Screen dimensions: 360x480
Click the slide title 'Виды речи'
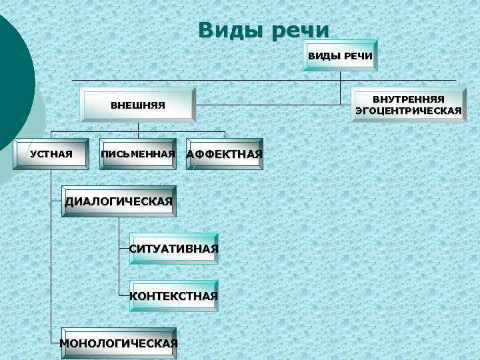point(263,30)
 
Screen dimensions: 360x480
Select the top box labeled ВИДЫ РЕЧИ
point(340,55)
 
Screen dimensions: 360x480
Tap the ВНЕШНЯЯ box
point(137,105)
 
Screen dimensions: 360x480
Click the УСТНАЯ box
point(51,155)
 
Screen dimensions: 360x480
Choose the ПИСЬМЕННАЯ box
point(138,155)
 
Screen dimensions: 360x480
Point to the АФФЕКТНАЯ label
point(225,155)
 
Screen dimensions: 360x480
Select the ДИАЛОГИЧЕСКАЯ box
point(119,201)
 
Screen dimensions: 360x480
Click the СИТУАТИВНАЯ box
point(174,249)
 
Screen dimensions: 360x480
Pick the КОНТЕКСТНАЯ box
point(174,296)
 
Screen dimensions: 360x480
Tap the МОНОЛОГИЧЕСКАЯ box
point(119,343)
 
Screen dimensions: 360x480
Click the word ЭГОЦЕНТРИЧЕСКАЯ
point(409,111)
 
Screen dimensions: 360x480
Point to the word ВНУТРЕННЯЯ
point(409,99)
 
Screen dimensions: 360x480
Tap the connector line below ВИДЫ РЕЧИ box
point(340,75)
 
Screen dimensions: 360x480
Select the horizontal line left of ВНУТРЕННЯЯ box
point(273,104)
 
